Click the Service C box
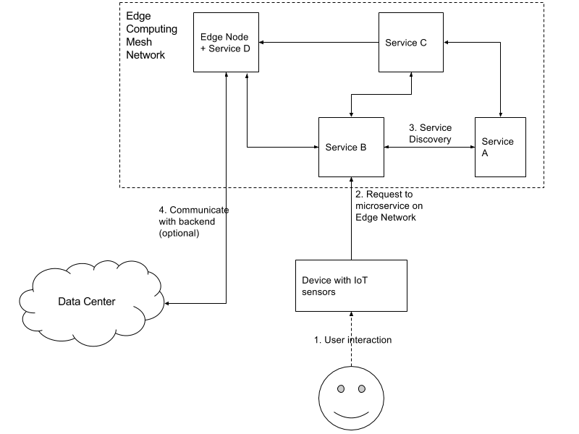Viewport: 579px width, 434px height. coord(411,43)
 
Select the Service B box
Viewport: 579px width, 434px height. coord(351,148)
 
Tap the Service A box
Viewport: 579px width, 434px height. coord(500,148)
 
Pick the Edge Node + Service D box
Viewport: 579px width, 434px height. coord(226,43)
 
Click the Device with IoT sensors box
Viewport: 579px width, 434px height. coord(351,286)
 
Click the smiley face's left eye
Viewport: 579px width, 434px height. coord(341,388)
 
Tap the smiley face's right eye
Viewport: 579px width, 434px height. coord(362,388)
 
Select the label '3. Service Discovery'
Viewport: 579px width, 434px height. coord(430,134)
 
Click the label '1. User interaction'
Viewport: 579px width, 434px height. coord(352,340)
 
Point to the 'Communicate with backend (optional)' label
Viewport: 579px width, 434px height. coord(194,221)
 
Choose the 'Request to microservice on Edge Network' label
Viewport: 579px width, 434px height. coord(389,205)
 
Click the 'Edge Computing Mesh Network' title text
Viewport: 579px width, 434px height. coord(151,35)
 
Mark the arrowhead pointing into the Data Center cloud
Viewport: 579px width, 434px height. coord(167,303)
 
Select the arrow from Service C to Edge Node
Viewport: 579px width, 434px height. coord(318,43)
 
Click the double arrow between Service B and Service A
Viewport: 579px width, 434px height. coord(429,148)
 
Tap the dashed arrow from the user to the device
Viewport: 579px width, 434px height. coord(351,339)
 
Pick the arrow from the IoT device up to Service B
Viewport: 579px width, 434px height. coord(351,218)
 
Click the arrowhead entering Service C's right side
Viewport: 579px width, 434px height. coord(446,43)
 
